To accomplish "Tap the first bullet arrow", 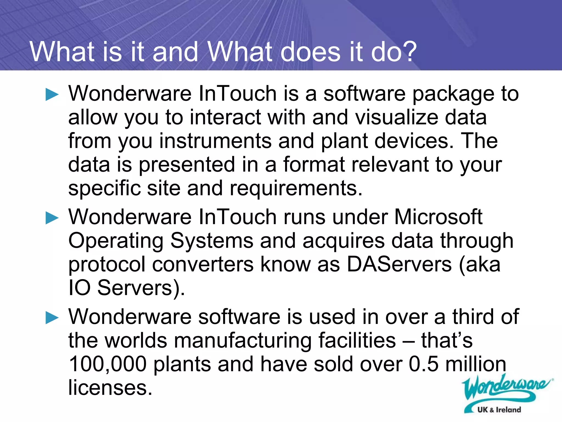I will [52, 95].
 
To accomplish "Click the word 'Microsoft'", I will [438, 217].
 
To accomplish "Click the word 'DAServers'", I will [399, 265].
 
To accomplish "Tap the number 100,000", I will [108, 364].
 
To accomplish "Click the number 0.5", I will [423, 364].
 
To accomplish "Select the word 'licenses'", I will [110, 388].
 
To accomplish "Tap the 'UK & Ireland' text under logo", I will [499, 410].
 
